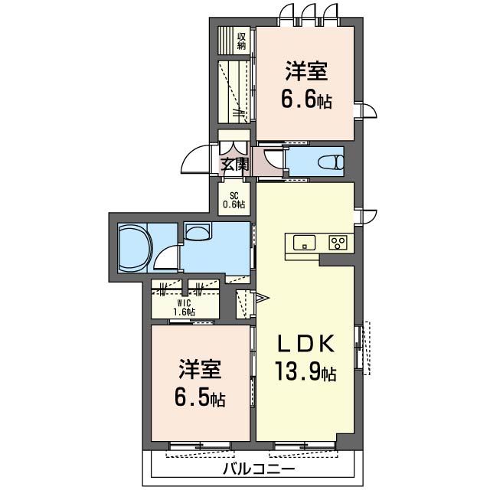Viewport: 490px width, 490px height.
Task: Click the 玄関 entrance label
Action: click(x=235, y=165)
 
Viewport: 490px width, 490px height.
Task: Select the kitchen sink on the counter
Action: click(x=304, y=243)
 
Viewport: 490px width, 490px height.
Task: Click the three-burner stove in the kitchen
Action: click(x=338, y=243)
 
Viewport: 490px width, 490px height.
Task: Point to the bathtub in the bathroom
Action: click(x=135, y=247)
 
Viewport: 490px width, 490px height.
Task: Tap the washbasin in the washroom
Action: click(x=198, y=231)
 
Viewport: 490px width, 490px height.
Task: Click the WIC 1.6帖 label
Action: click(x=185, y=307)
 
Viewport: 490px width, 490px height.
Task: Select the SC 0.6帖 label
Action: click(x=234, y=201)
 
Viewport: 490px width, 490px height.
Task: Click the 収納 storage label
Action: click(x=242, y=41)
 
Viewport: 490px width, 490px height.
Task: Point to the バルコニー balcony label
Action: click(x=259, y=469)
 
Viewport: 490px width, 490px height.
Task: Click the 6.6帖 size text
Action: click(x=306, y=99)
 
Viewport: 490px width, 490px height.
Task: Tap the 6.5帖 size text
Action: click(x=200, y=397)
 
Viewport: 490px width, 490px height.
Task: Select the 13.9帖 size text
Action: click(x=305, y=371)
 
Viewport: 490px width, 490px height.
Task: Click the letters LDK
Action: click(x=306, y=344)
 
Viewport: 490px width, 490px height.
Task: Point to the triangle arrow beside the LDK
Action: click(x=262, y=298)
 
